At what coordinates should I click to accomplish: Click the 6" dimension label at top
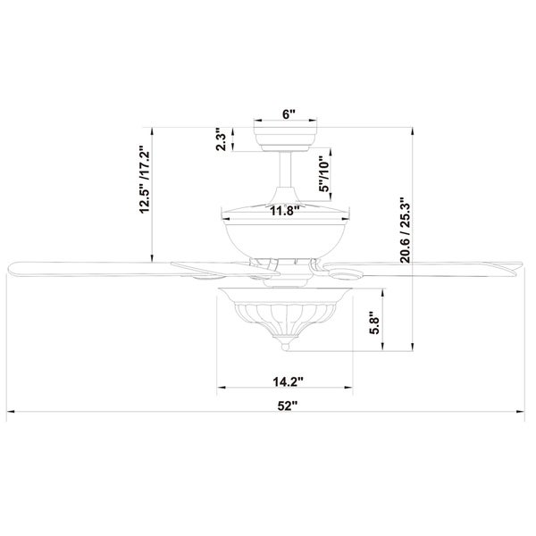click(289, 113)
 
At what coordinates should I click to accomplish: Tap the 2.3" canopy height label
click(222, 139)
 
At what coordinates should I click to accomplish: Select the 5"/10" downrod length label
click(323, 174)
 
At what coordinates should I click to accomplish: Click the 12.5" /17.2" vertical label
click(145, 180)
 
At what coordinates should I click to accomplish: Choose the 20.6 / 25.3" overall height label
click(406, 230)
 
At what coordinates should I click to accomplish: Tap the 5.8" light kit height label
click(374, 325)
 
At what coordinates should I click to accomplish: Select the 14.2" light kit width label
click(289, 381)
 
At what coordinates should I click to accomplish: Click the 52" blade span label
click(287, 406)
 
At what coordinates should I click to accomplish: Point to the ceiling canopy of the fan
click(286, 139)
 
